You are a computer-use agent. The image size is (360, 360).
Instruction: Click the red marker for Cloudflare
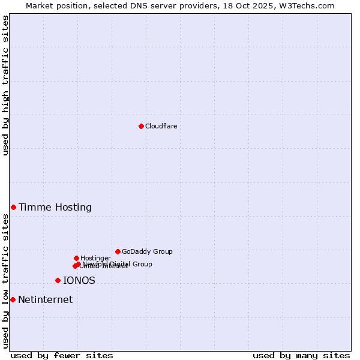(x=141, y=126)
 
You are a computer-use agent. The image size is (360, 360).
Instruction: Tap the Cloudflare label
(x=161, y=126)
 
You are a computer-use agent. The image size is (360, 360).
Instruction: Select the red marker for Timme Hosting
(x=13, y=207)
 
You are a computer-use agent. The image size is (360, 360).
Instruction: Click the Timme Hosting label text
(x=55, y=208)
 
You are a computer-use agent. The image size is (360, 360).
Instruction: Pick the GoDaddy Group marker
(x=118, y=251)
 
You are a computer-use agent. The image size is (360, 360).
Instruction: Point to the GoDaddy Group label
(x=147, y=252)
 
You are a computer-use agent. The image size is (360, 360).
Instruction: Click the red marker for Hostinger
(x=76, y=258)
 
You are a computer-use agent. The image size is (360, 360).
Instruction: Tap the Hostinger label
(x=95, y=259)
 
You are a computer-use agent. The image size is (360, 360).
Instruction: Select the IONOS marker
(x=58, y=280)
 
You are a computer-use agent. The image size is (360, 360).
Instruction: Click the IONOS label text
(x=79, y=281)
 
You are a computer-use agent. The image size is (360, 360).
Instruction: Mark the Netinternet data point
(x=13, y=299)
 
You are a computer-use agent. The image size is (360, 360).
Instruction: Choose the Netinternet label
(x=46, y=300)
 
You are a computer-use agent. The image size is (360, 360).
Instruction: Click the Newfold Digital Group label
(x=118, y=264)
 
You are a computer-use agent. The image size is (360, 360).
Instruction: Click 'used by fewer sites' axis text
(x=62, y=355)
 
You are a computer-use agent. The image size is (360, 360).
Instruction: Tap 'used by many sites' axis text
(x=301, y=355)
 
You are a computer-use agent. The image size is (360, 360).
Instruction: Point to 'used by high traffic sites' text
(x=5, y=85)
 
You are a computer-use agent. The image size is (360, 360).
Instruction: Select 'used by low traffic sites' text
(x=5, y=281)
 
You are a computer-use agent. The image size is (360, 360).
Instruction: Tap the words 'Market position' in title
(x=55, y=5)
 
